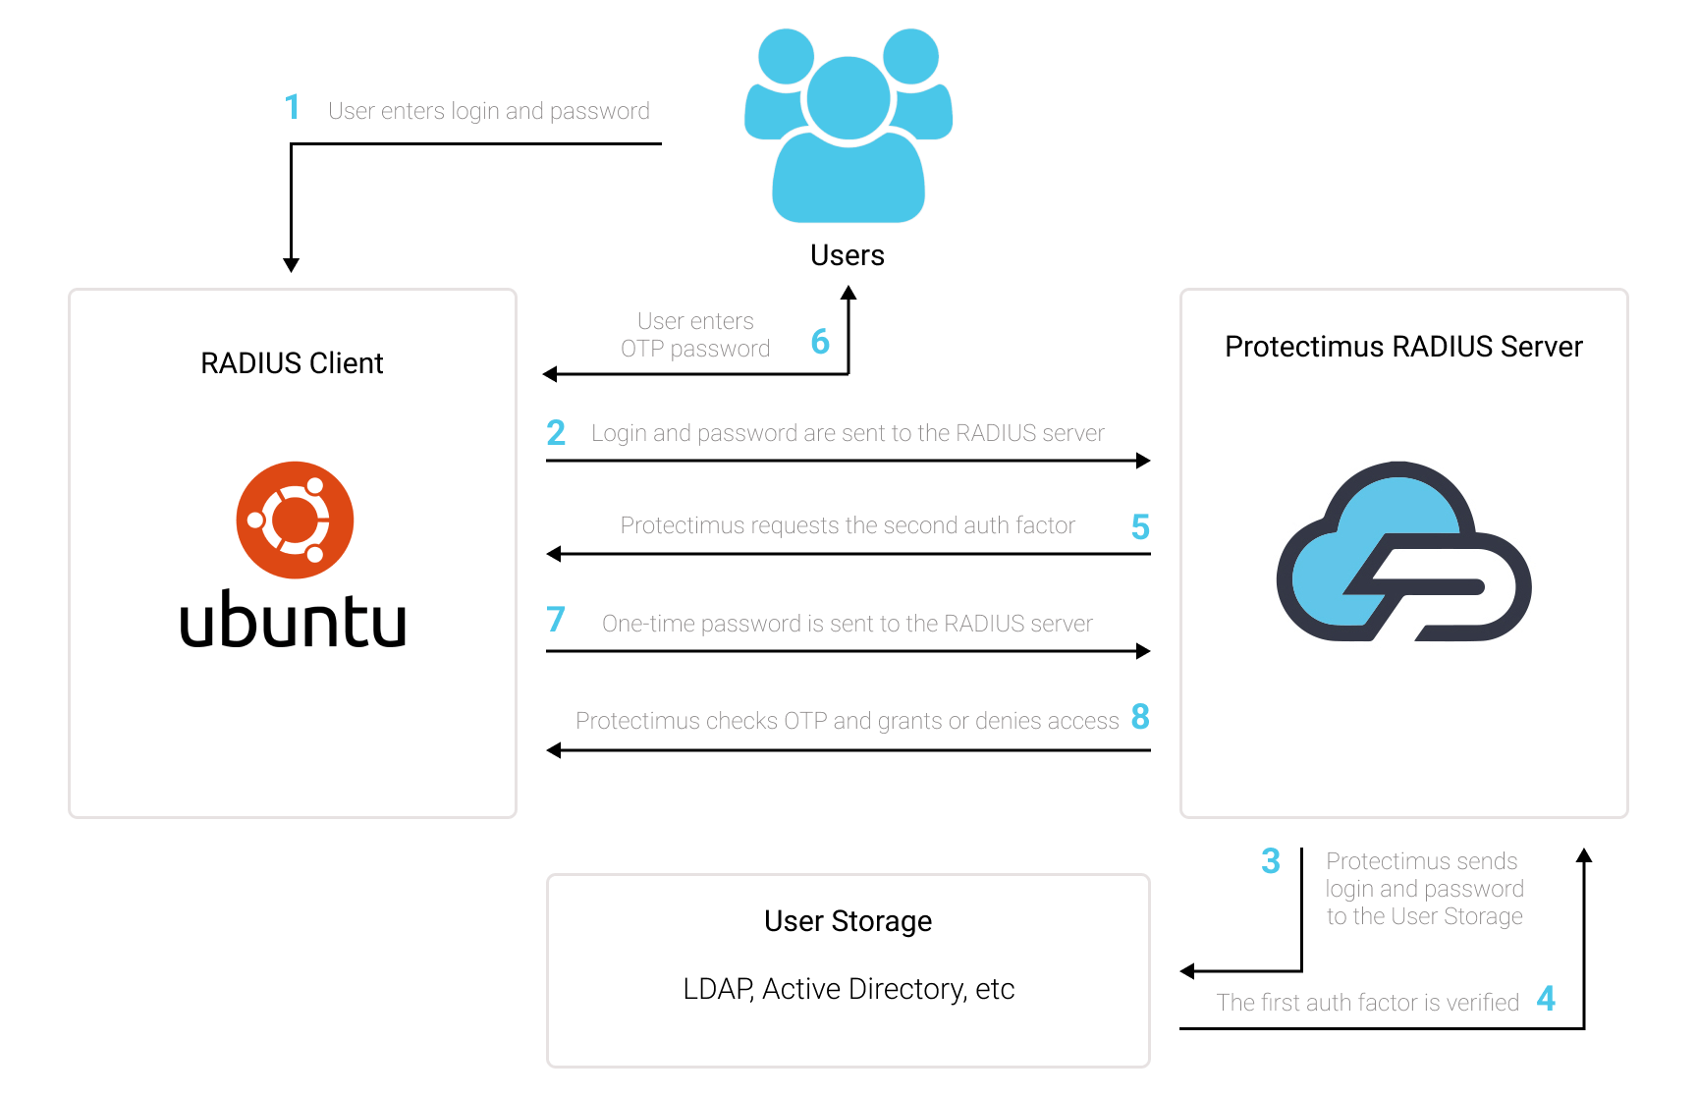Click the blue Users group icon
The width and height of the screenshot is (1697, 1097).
point(848,126)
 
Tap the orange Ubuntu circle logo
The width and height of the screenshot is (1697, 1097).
point(295,520)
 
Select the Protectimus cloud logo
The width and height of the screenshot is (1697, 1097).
point(1403,551)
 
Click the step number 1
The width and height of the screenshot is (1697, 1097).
point(292,107)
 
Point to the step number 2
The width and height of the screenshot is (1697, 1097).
point(556,432)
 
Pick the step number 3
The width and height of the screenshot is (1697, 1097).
point(1271,861)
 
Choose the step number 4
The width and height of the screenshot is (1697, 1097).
point(1546,999)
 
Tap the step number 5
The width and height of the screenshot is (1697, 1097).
point(1140,527)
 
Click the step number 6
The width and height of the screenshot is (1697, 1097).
point(820,342)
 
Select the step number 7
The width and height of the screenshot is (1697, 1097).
point(556,619)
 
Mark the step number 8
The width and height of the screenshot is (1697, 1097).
point(1140,717)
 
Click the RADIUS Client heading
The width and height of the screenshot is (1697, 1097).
point(292,363)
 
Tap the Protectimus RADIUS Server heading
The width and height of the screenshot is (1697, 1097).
point(1403,347)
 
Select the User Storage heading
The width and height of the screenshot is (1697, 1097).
point(848,921)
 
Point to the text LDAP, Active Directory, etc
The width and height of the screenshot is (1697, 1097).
point(848,989)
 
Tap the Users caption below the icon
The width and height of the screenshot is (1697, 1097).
point(848,255)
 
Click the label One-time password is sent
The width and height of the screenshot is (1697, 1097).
point(848,624)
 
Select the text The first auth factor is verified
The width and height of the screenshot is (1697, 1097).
point(1367,1003)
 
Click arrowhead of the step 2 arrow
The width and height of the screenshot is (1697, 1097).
point(1143,461)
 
